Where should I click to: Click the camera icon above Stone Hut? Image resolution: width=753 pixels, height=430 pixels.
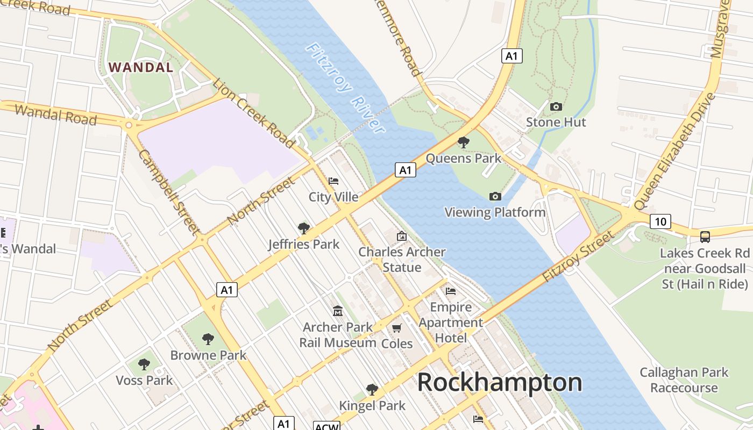556,106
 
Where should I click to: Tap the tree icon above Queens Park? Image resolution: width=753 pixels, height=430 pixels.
463,142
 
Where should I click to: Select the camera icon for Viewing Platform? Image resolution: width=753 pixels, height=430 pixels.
495,197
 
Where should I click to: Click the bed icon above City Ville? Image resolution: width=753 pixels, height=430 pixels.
333,181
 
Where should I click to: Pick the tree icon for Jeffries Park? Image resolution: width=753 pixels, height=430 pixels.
304,228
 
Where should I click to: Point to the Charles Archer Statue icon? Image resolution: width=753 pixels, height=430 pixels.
402,236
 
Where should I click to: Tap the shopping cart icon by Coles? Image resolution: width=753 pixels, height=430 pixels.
397,328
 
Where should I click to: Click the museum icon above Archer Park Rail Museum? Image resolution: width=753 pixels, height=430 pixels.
338,311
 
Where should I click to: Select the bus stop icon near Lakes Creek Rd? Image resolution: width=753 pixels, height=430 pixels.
705,236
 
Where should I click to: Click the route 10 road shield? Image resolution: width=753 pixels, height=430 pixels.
660,221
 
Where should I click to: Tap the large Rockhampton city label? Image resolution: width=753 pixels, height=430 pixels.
500,383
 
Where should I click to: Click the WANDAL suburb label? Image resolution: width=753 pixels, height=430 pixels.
141,67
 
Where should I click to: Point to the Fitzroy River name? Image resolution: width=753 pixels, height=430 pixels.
345,88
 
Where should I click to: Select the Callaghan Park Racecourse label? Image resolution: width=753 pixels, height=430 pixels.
684,379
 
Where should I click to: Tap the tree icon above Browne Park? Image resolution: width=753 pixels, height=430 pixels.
208,339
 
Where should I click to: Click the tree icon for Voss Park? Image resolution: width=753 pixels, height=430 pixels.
144,364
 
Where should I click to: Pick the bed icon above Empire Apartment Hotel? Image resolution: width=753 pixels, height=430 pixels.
451,291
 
